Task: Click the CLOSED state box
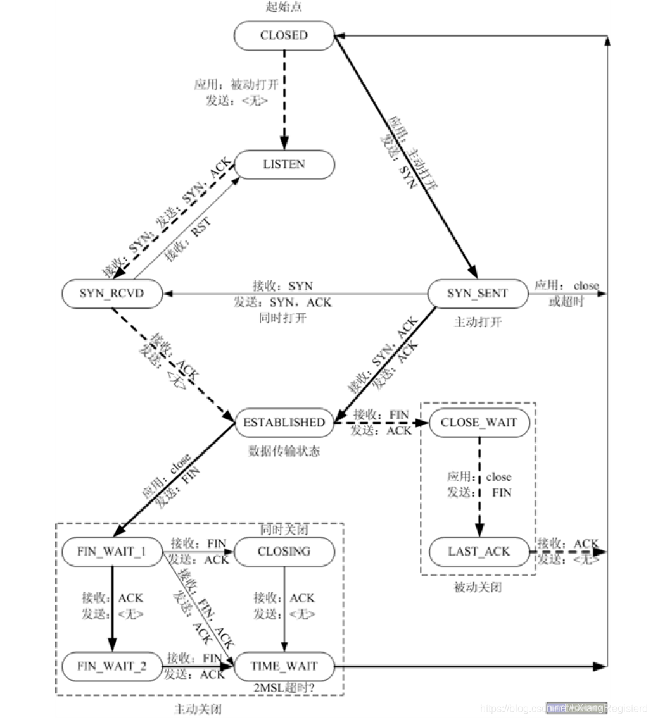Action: pyautogui.click(x=284, y=35)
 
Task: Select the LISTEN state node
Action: pyautogui.click(x=284, y=164)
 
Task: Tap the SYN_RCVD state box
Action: pyautogui.click(x=112, y=294)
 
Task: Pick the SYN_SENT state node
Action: pyautogui.click(x=477, y=294)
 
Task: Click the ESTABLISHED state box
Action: pyautogui.click(x=284, y=423)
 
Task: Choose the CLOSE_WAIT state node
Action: pyautogui.click(x=479, y=423)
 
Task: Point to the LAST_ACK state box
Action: pyautogui.click(x=479, y=552)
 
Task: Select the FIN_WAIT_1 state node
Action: pyautogui.click(x=112, y=551)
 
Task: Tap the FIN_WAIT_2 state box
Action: pyautogui.click(x=112, y=666)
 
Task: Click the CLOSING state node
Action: pyautogui.click(x=284, y=551)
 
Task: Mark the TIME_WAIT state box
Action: pyautogui.click(x=284, y=666)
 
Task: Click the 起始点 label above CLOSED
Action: pyautogui.click(x=284, y=8)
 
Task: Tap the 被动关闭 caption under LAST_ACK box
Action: pyautogui.click(x=478, y=587)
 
